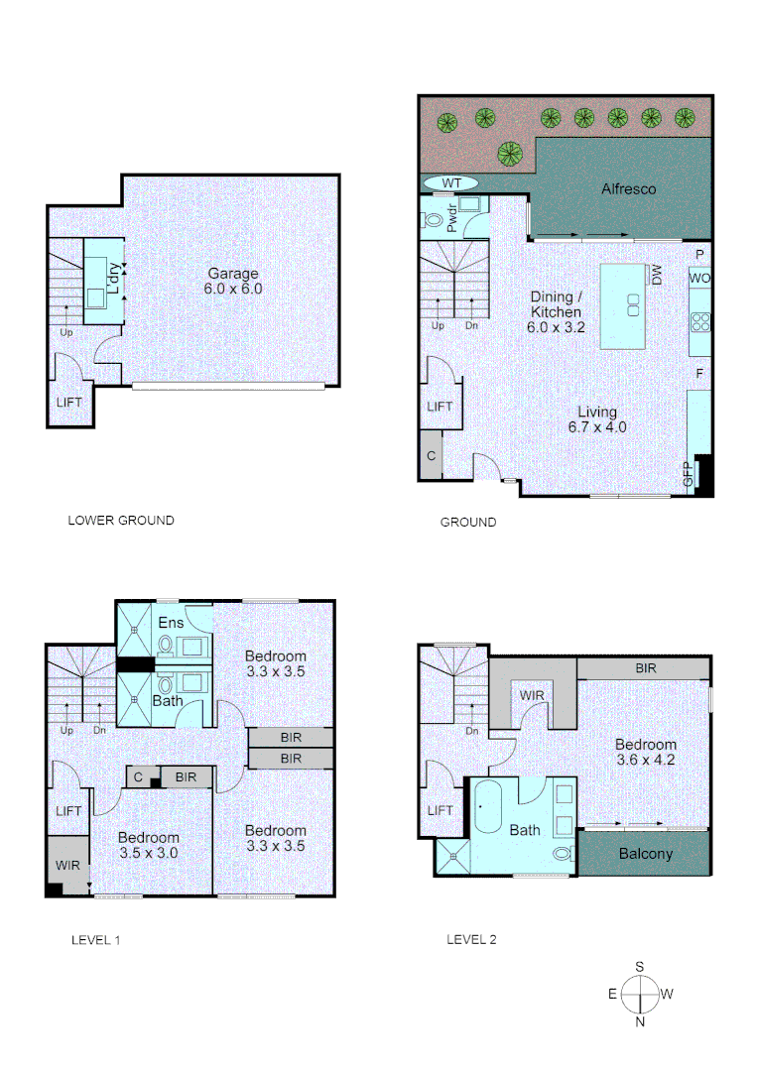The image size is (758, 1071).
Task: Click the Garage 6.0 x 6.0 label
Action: (233, 281)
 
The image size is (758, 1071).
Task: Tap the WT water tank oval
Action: (451, 183)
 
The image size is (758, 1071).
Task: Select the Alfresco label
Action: (628, 188)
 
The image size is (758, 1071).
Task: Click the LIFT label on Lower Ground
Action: (69, 403)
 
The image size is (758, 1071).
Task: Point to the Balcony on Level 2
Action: (645, 854)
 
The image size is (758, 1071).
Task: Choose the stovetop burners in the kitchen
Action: (699, 320)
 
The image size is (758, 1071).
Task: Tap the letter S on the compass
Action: (641, 966)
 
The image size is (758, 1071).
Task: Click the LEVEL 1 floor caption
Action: (95, 940)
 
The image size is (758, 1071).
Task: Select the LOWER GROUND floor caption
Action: (120, 520)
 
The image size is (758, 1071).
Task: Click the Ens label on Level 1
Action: (170, 622)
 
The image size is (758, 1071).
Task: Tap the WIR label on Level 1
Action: (67, 865)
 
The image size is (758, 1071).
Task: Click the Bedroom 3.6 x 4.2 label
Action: (645, 753)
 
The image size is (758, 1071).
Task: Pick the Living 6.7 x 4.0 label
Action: (597, 419)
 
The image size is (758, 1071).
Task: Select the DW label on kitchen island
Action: (657, 275)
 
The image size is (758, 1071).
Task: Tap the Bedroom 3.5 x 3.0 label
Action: (149, 845)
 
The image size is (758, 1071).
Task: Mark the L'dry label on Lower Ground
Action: (114, 279)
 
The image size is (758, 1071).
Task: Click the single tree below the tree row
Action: (511, 154)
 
